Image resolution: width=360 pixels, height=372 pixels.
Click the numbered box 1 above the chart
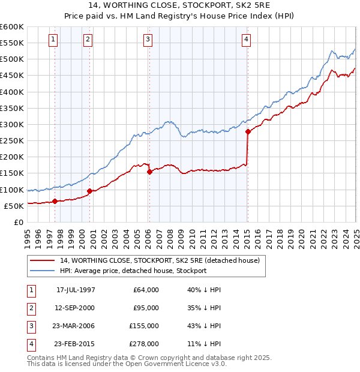coord(53,40)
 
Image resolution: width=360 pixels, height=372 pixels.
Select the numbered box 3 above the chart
coord(148,40)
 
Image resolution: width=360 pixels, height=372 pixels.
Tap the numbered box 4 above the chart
coord(247,40)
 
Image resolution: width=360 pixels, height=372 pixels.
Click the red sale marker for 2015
coord(248,132)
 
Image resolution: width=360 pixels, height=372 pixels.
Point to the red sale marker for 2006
coord(149,172)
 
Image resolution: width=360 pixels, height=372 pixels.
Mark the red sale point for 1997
coord(55,202)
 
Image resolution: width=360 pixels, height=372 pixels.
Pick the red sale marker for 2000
coord(89,191)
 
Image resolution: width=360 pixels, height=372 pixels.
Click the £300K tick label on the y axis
coord(12,124)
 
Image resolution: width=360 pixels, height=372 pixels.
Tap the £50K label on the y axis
coord(14,206)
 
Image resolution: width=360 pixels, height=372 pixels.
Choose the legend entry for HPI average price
coord(133,271)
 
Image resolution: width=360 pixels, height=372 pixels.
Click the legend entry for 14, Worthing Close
coord(160,260)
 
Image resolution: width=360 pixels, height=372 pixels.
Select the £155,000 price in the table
coord(145,326)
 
